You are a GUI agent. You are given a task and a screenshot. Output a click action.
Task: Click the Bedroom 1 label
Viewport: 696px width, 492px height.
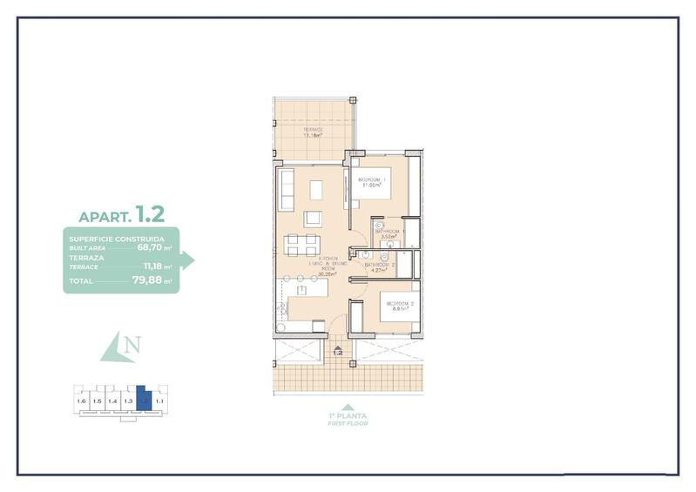coord(373,179)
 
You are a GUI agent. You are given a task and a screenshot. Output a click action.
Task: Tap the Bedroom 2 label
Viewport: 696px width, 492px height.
coord(400,303)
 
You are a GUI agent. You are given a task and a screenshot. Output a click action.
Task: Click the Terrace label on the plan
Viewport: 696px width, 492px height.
coord(313,130)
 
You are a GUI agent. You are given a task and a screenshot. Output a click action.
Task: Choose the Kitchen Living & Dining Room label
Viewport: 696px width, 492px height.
coord(327,264)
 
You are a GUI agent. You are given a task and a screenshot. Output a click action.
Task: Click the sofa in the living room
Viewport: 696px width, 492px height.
coord(287,190)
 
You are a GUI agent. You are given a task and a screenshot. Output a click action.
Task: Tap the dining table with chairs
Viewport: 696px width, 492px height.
coord(306,245)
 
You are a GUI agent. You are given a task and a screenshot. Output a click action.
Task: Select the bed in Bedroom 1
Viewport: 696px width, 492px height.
coord(375,185)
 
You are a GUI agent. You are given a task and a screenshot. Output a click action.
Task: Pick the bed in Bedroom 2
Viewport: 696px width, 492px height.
coord(396,308)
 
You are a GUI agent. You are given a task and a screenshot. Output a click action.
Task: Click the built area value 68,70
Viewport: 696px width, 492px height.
coord(150,247)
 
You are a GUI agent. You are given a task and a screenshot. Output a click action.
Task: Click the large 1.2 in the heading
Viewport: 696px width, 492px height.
coord(149,212)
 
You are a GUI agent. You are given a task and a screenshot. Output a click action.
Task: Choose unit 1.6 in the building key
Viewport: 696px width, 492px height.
coord(82,401)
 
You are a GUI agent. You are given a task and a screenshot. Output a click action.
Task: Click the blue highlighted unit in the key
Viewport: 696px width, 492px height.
coord(145,401)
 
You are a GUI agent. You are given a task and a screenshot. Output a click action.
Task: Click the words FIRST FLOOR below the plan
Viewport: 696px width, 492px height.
coord(348,423)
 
